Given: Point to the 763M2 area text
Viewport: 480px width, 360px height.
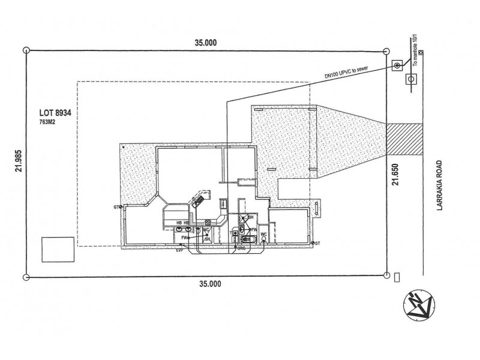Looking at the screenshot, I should pyautogui.click(x=47, y=121).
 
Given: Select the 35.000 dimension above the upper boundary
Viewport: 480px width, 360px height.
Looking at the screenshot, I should pyautogui.click(x=206, y=43).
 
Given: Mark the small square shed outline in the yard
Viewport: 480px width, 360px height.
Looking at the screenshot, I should pyautogui.click(x=58, y=250).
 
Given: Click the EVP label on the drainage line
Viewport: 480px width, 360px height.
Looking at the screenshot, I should pyautogui.click(x=179, y=250).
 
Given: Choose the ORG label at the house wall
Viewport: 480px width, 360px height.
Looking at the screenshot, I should pyautogui.click(x=241, y=247).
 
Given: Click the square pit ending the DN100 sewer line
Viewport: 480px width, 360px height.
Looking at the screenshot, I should pyautogui.click(x=397, y=65).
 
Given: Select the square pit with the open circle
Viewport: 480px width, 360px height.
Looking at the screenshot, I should pyautogui.click(x=411, y=78).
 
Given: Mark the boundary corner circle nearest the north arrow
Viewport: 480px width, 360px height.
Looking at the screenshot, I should pyautogui.click(x=385, y=276).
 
